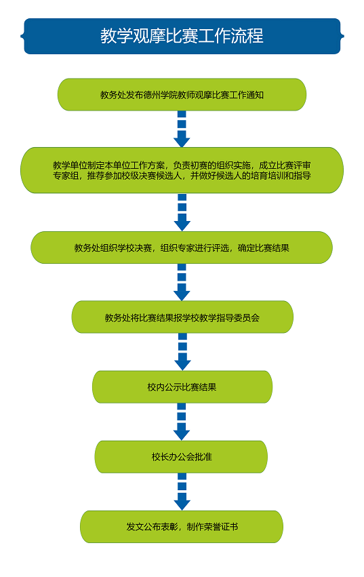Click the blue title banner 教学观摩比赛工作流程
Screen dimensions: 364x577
(182, 36)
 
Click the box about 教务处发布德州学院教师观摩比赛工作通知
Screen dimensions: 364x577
(182, 94)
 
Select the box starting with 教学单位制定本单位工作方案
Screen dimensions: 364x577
(182, 170)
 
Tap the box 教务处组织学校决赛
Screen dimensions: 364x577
(182, 247)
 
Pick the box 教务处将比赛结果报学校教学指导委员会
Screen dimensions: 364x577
(182, 317)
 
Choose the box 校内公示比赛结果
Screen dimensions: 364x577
(182, 386)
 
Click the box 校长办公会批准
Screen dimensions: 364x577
(182, 457)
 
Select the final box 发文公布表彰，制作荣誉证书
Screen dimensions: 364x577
(182, 527)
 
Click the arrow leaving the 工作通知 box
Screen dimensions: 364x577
(182, 129)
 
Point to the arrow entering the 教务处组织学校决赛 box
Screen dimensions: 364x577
(182, 212)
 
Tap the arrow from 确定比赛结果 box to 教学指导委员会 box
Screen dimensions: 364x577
(182, 283)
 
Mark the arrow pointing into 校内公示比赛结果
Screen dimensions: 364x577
(182, 352)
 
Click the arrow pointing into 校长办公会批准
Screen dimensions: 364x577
(182, 422)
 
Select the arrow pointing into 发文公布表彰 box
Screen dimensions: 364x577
(182, 492)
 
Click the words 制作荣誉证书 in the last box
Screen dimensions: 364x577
(212, 527)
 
